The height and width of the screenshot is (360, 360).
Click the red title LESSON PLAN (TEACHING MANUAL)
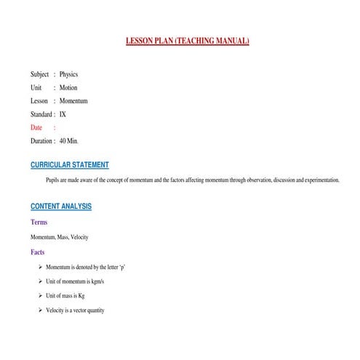point(188,41)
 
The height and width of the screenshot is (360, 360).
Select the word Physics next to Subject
point(68,74)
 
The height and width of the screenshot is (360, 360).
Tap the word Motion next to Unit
point(68,87)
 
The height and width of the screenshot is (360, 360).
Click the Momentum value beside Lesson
point(73,101)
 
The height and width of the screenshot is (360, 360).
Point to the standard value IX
point(63,114)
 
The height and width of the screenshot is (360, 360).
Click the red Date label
point(36,127)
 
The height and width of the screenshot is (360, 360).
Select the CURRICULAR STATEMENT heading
point(70,165)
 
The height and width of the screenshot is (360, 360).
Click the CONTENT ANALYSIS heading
point(61,207)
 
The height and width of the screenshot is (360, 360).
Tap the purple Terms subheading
point(39,223)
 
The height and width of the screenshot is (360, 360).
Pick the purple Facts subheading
point(38,252)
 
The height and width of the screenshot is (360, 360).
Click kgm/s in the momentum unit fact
point(96,281)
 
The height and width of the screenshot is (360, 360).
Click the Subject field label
point(40,74)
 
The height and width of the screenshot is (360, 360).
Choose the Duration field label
point(41,141)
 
